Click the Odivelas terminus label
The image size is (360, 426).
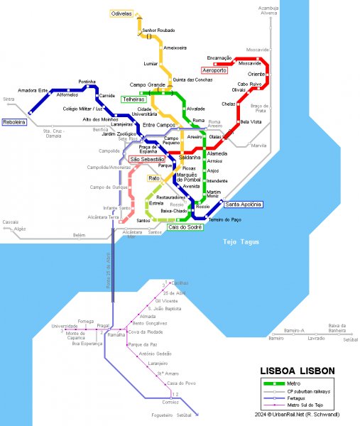121,13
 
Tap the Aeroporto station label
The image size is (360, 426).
214,71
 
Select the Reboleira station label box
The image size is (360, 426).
15,122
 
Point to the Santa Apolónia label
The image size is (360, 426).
243,204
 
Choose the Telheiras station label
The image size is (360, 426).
133,99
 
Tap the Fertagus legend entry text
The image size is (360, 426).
298,398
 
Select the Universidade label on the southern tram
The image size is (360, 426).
65,326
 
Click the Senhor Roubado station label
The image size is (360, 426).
159,31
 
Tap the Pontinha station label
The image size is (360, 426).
87,82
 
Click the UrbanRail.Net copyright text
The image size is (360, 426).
308,414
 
